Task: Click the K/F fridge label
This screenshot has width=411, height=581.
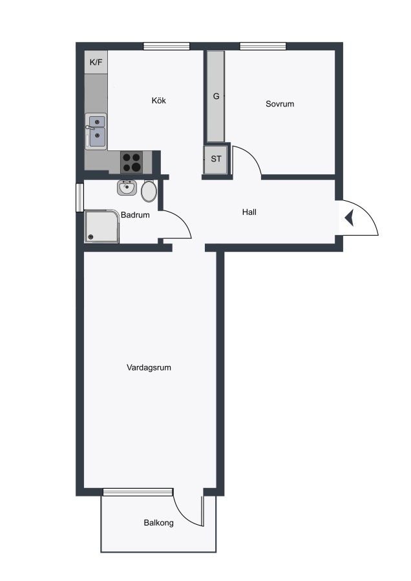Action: tap(96, 62)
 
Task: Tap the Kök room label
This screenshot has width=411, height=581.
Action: tap(159, 101)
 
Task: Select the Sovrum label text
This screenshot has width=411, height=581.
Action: tap(280, 104)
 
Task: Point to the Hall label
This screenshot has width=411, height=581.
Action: tap(249, 212)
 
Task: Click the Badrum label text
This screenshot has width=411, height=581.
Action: tap(135, 215)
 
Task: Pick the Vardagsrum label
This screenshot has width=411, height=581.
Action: tap(149, 367)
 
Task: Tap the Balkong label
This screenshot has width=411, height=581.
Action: tap(159, 523)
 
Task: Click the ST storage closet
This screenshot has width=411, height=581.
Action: tap(215, 159)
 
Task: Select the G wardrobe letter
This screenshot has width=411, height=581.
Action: tap(216, 96)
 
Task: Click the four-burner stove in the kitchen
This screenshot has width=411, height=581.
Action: tap(132, 162)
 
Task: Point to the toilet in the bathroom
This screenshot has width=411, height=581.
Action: tap(149, 191)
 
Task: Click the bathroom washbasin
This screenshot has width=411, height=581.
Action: tap(127, 187)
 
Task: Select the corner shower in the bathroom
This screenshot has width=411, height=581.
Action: tap(102, 227)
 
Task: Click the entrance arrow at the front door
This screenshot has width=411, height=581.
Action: tap(350, 218)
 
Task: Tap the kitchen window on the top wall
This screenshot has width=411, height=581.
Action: tap(167, 46)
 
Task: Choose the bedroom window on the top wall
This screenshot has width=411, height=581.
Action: tap(263, 46)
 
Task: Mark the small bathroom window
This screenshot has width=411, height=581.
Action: tap(79, 198)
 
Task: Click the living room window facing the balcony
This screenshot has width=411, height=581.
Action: tap(138, 492)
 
